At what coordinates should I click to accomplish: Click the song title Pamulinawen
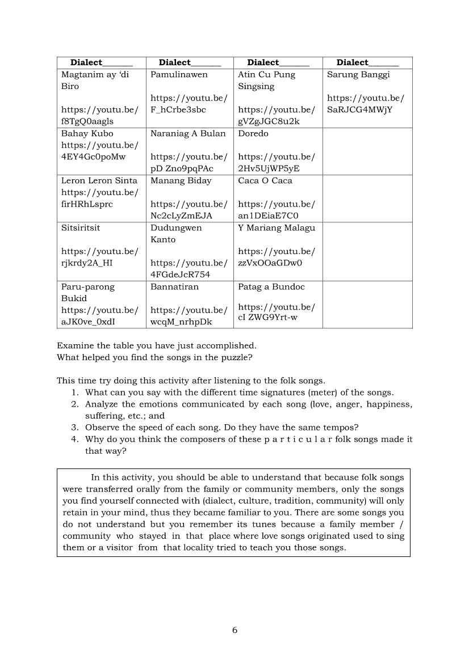(x=179, y=74)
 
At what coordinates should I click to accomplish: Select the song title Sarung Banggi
(x=358, y=74)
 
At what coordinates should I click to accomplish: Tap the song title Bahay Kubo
(x=87, y=133)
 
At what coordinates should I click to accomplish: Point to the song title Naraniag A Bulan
(x=188, y=133)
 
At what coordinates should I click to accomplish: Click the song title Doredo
(x=253, y=133)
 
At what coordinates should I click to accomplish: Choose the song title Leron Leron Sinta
(x=99, y=180)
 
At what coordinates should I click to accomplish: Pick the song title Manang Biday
(x=181, y=180)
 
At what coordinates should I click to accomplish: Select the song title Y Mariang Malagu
(x=277, y=227)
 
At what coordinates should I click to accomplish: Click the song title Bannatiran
(x=174, y=286)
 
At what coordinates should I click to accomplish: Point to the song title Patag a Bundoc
(x=271, y=286)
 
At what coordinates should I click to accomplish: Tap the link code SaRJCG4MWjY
(x=360, y=109)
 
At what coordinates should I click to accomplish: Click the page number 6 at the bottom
(x=235, y=630)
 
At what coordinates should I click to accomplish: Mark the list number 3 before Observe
(x=74, y=427)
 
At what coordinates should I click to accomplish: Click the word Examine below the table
(x=74, y=345)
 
